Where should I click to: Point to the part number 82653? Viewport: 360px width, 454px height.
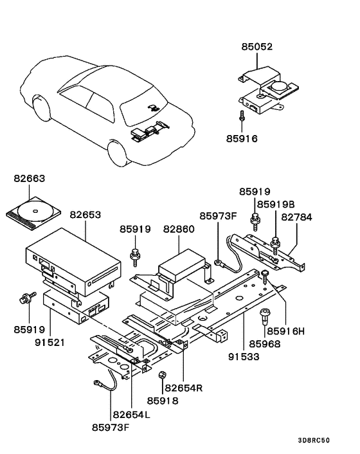coord(86,215)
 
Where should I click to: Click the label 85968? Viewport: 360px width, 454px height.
coord(265,344)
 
